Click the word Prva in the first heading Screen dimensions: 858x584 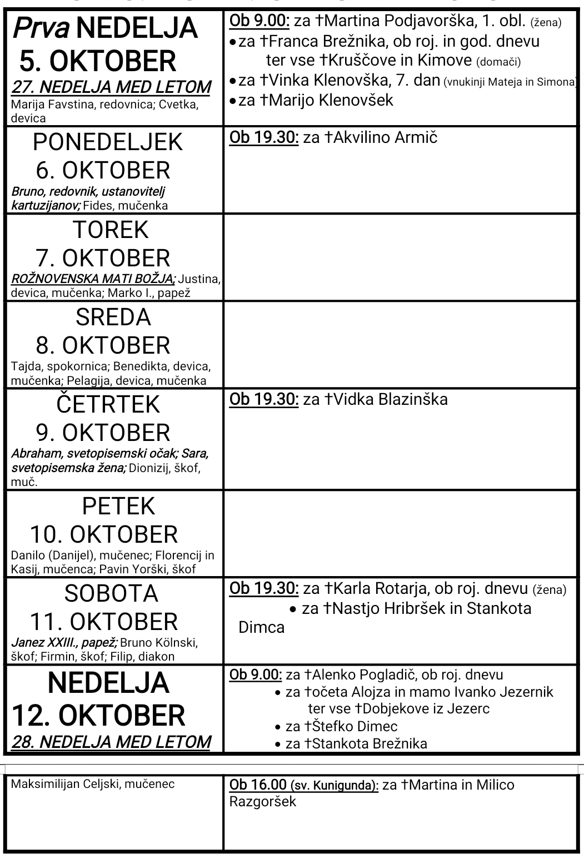[x=41, y=28]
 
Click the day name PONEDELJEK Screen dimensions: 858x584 [x=108, y=142]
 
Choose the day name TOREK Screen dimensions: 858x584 [x=111, y=230]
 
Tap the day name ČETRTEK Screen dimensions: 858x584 [x=108, y=404]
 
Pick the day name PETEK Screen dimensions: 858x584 [x=118, y=506]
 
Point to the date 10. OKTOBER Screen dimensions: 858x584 [x=104, y=534]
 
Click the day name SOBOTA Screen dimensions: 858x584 [x=111, y=593]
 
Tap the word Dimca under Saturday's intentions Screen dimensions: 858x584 [x=261, y=627]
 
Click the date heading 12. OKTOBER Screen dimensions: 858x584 [x=98, y=715]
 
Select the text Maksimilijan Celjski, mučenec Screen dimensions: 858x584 [x=93, y=784]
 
